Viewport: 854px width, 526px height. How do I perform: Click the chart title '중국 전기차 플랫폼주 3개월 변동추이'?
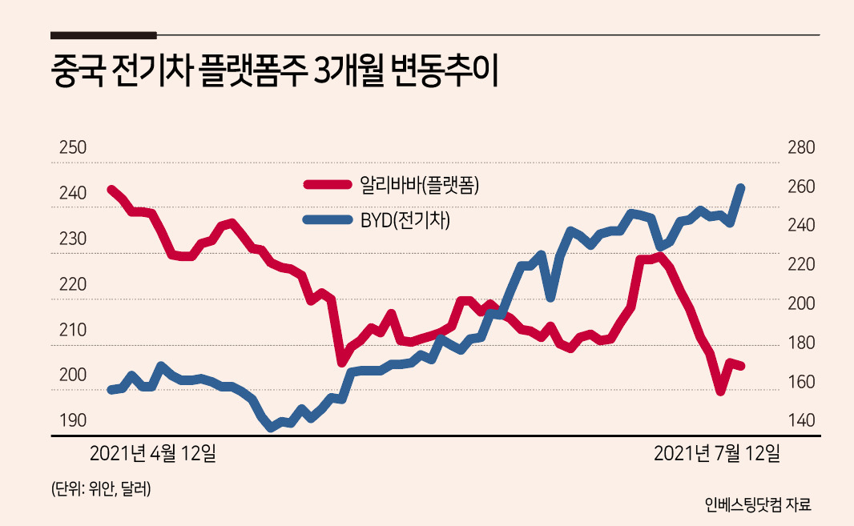pos(274,71)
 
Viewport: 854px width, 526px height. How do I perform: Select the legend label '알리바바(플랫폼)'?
pos(419,185)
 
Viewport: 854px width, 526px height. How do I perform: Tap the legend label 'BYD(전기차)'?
pos(405,220)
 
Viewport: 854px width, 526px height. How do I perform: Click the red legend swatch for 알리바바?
pos(328,185)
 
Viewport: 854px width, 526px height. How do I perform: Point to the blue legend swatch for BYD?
pos(328,220)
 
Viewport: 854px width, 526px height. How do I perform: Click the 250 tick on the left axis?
pos(72,147)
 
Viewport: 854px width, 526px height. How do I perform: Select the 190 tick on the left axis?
pos(72,420)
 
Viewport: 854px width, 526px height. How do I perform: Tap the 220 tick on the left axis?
pos(72,283)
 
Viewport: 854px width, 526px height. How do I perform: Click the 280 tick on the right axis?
pos(801,147)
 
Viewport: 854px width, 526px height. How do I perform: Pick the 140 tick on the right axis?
pos(801,420)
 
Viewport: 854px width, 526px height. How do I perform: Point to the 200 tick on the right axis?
pos(801,303)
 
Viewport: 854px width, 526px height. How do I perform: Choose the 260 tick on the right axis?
pos(801,187)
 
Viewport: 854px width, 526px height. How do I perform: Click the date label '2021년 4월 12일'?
pos(152,453)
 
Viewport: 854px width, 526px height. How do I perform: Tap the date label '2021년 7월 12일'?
pos(717,453)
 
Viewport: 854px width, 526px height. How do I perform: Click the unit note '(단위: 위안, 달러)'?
pos(101,488)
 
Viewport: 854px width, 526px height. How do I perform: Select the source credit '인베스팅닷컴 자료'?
pos(758,504)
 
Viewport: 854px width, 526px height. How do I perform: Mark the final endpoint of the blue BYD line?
pos(741,187)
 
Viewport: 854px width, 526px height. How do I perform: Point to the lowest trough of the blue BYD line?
pos(272,428)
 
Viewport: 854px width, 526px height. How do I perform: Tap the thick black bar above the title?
pos(103,35)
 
